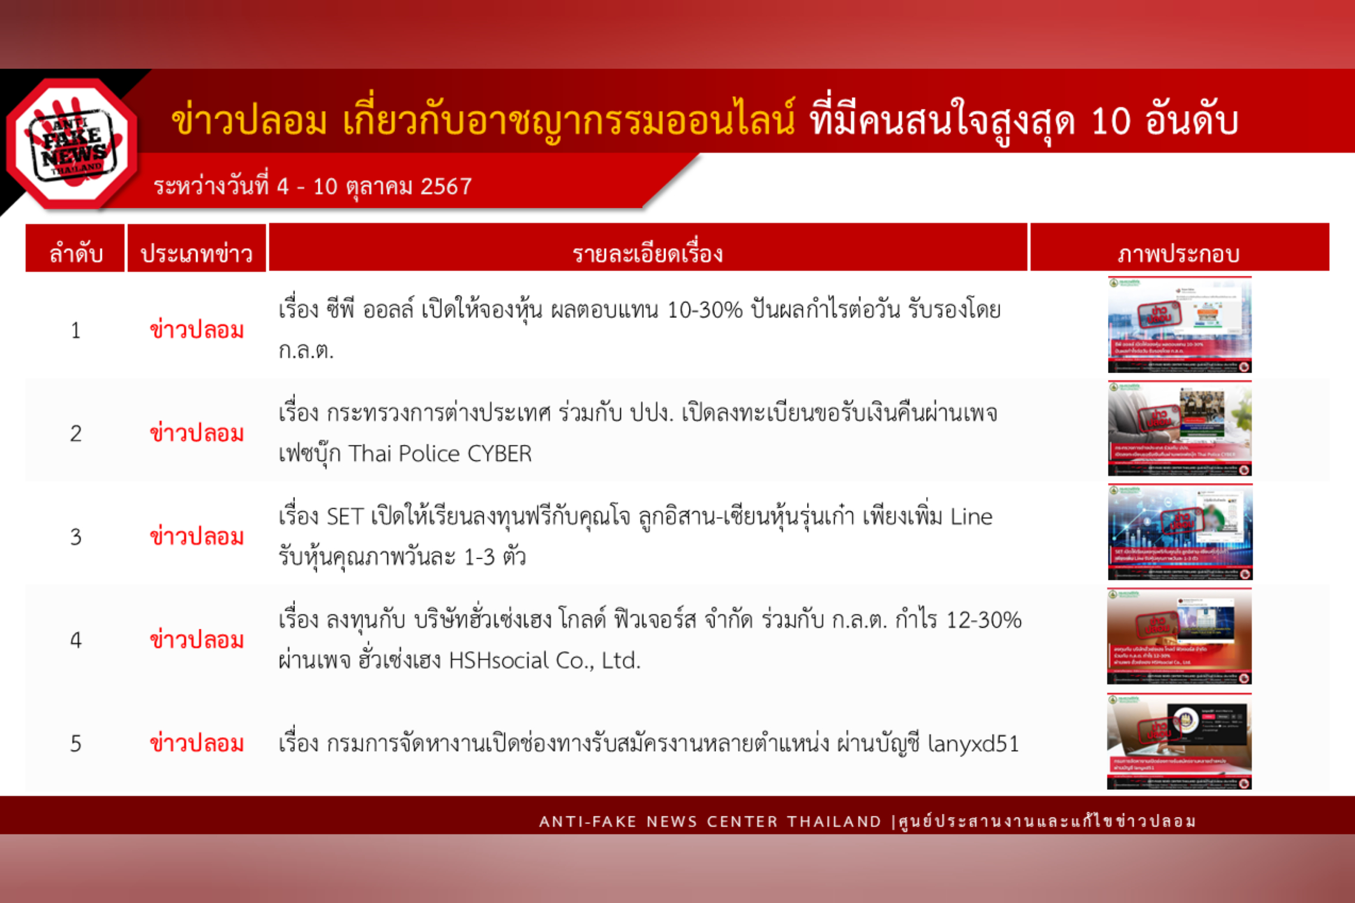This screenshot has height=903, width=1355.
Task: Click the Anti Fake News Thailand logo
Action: coord(72,144)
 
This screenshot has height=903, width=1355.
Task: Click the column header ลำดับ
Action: coord(76,253)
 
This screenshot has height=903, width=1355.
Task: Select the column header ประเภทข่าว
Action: coord(196,253)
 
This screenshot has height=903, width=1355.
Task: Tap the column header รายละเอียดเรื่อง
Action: coord(648,253)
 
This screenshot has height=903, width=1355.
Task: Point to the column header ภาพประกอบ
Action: coord(1179,253)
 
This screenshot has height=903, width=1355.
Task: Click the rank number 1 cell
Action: coord(76,331)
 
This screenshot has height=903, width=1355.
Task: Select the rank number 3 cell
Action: coord(76,537)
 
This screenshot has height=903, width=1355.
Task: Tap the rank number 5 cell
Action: coord(76,744)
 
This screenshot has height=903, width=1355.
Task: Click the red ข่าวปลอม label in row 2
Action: coord(196,434)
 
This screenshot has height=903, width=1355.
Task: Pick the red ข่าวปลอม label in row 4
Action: coord(196,640)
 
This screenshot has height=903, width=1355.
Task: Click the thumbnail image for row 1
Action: coord(1179,325)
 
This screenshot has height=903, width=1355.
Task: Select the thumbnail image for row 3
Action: coord(1179,532)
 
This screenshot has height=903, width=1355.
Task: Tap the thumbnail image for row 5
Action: coord(1179,741)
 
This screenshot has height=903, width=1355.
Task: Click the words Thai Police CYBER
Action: coord(440,454)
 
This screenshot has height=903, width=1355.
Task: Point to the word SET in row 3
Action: coord(345,517)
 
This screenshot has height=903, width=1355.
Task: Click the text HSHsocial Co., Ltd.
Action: coord(544,660)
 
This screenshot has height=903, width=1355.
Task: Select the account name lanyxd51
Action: coord(973,744)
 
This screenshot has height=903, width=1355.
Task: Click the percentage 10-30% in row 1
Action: coord(705,311)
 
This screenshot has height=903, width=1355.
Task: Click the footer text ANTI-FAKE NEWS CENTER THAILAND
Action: coord(710,821)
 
